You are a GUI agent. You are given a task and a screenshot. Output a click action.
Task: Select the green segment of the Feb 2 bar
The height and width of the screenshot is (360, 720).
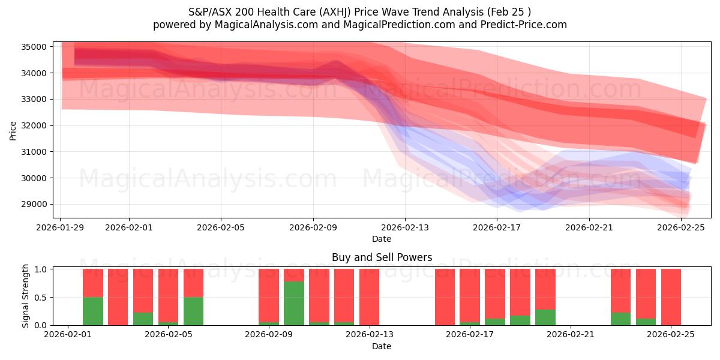point(93,311)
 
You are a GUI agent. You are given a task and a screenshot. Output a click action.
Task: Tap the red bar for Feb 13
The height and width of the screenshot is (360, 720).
point(369,297)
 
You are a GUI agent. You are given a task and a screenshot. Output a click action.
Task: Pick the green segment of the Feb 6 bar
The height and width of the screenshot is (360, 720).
point(193,311)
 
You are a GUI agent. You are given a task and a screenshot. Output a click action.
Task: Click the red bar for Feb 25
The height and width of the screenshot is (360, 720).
point(671,297)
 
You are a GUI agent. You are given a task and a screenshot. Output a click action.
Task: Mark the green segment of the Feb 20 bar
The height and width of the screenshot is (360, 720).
point(545,317)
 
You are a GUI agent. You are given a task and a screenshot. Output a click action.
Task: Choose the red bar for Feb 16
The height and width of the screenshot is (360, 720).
point(445,297)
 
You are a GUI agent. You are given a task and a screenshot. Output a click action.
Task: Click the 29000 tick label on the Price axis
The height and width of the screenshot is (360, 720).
point(37,205)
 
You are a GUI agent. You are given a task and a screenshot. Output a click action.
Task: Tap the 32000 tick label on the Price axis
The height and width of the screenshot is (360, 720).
point(37,126)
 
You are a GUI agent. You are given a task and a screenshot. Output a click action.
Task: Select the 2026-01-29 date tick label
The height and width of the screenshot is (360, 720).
point(61,227)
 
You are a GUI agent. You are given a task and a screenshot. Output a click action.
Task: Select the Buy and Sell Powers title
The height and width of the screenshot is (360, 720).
point(382,257)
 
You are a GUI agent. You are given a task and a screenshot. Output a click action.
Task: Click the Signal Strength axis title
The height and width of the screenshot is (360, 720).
point(25,296)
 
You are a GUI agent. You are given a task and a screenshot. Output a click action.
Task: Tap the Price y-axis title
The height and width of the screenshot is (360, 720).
point(13,130)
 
